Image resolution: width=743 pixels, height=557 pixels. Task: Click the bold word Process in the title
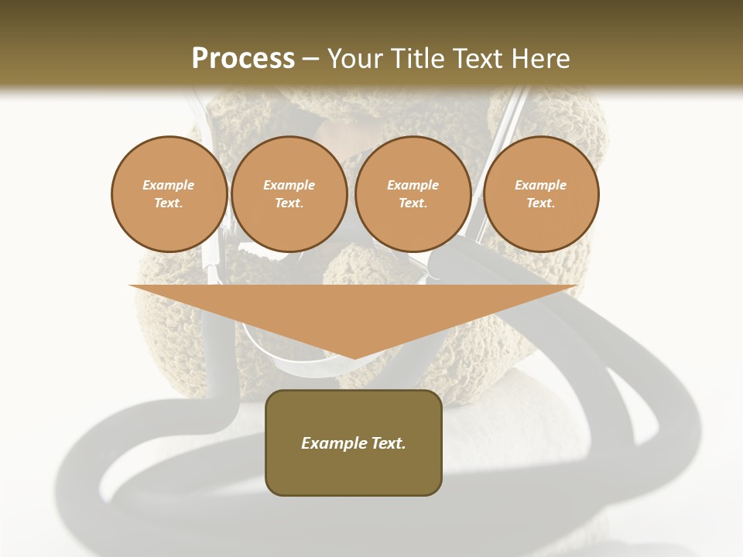click(x=243, y=59)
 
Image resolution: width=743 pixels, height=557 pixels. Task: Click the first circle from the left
click(x=169, y=194)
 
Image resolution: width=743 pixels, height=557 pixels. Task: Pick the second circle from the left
click(x=289, y=194)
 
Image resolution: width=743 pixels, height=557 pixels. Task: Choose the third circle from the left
click(x=413, y=194)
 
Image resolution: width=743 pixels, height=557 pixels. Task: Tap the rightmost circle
click(x=540, y=194)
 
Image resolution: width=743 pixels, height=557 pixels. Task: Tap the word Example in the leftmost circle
click(x=169, y=185)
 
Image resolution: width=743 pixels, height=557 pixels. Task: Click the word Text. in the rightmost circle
click(x=540, y=203)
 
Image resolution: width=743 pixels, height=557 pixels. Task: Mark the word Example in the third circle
click(x=413, y=185)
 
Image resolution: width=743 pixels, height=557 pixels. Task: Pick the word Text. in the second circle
click(x=289, y=203)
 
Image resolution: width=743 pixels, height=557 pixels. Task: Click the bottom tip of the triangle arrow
click(x=354, y=357)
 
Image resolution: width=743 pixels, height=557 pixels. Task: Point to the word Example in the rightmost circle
click(x=540, y=185)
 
